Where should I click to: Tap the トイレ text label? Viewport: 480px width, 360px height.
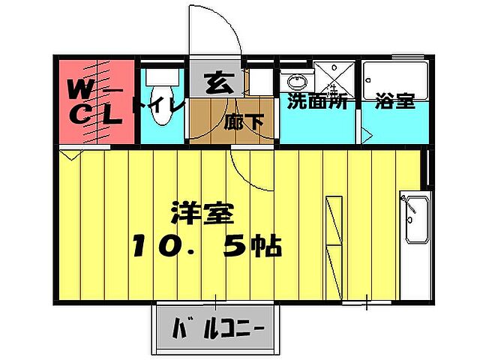(158, 106)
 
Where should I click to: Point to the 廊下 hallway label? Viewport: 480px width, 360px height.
(243, 121)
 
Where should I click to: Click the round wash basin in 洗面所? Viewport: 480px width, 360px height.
(295, 82)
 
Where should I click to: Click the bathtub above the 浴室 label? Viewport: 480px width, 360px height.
(395, 78)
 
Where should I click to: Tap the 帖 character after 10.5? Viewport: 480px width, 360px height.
(265, 245)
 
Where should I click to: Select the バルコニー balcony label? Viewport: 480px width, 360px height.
(217, 328)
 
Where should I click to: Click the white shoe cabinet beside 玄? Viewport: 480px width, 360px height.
(260, 82)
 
